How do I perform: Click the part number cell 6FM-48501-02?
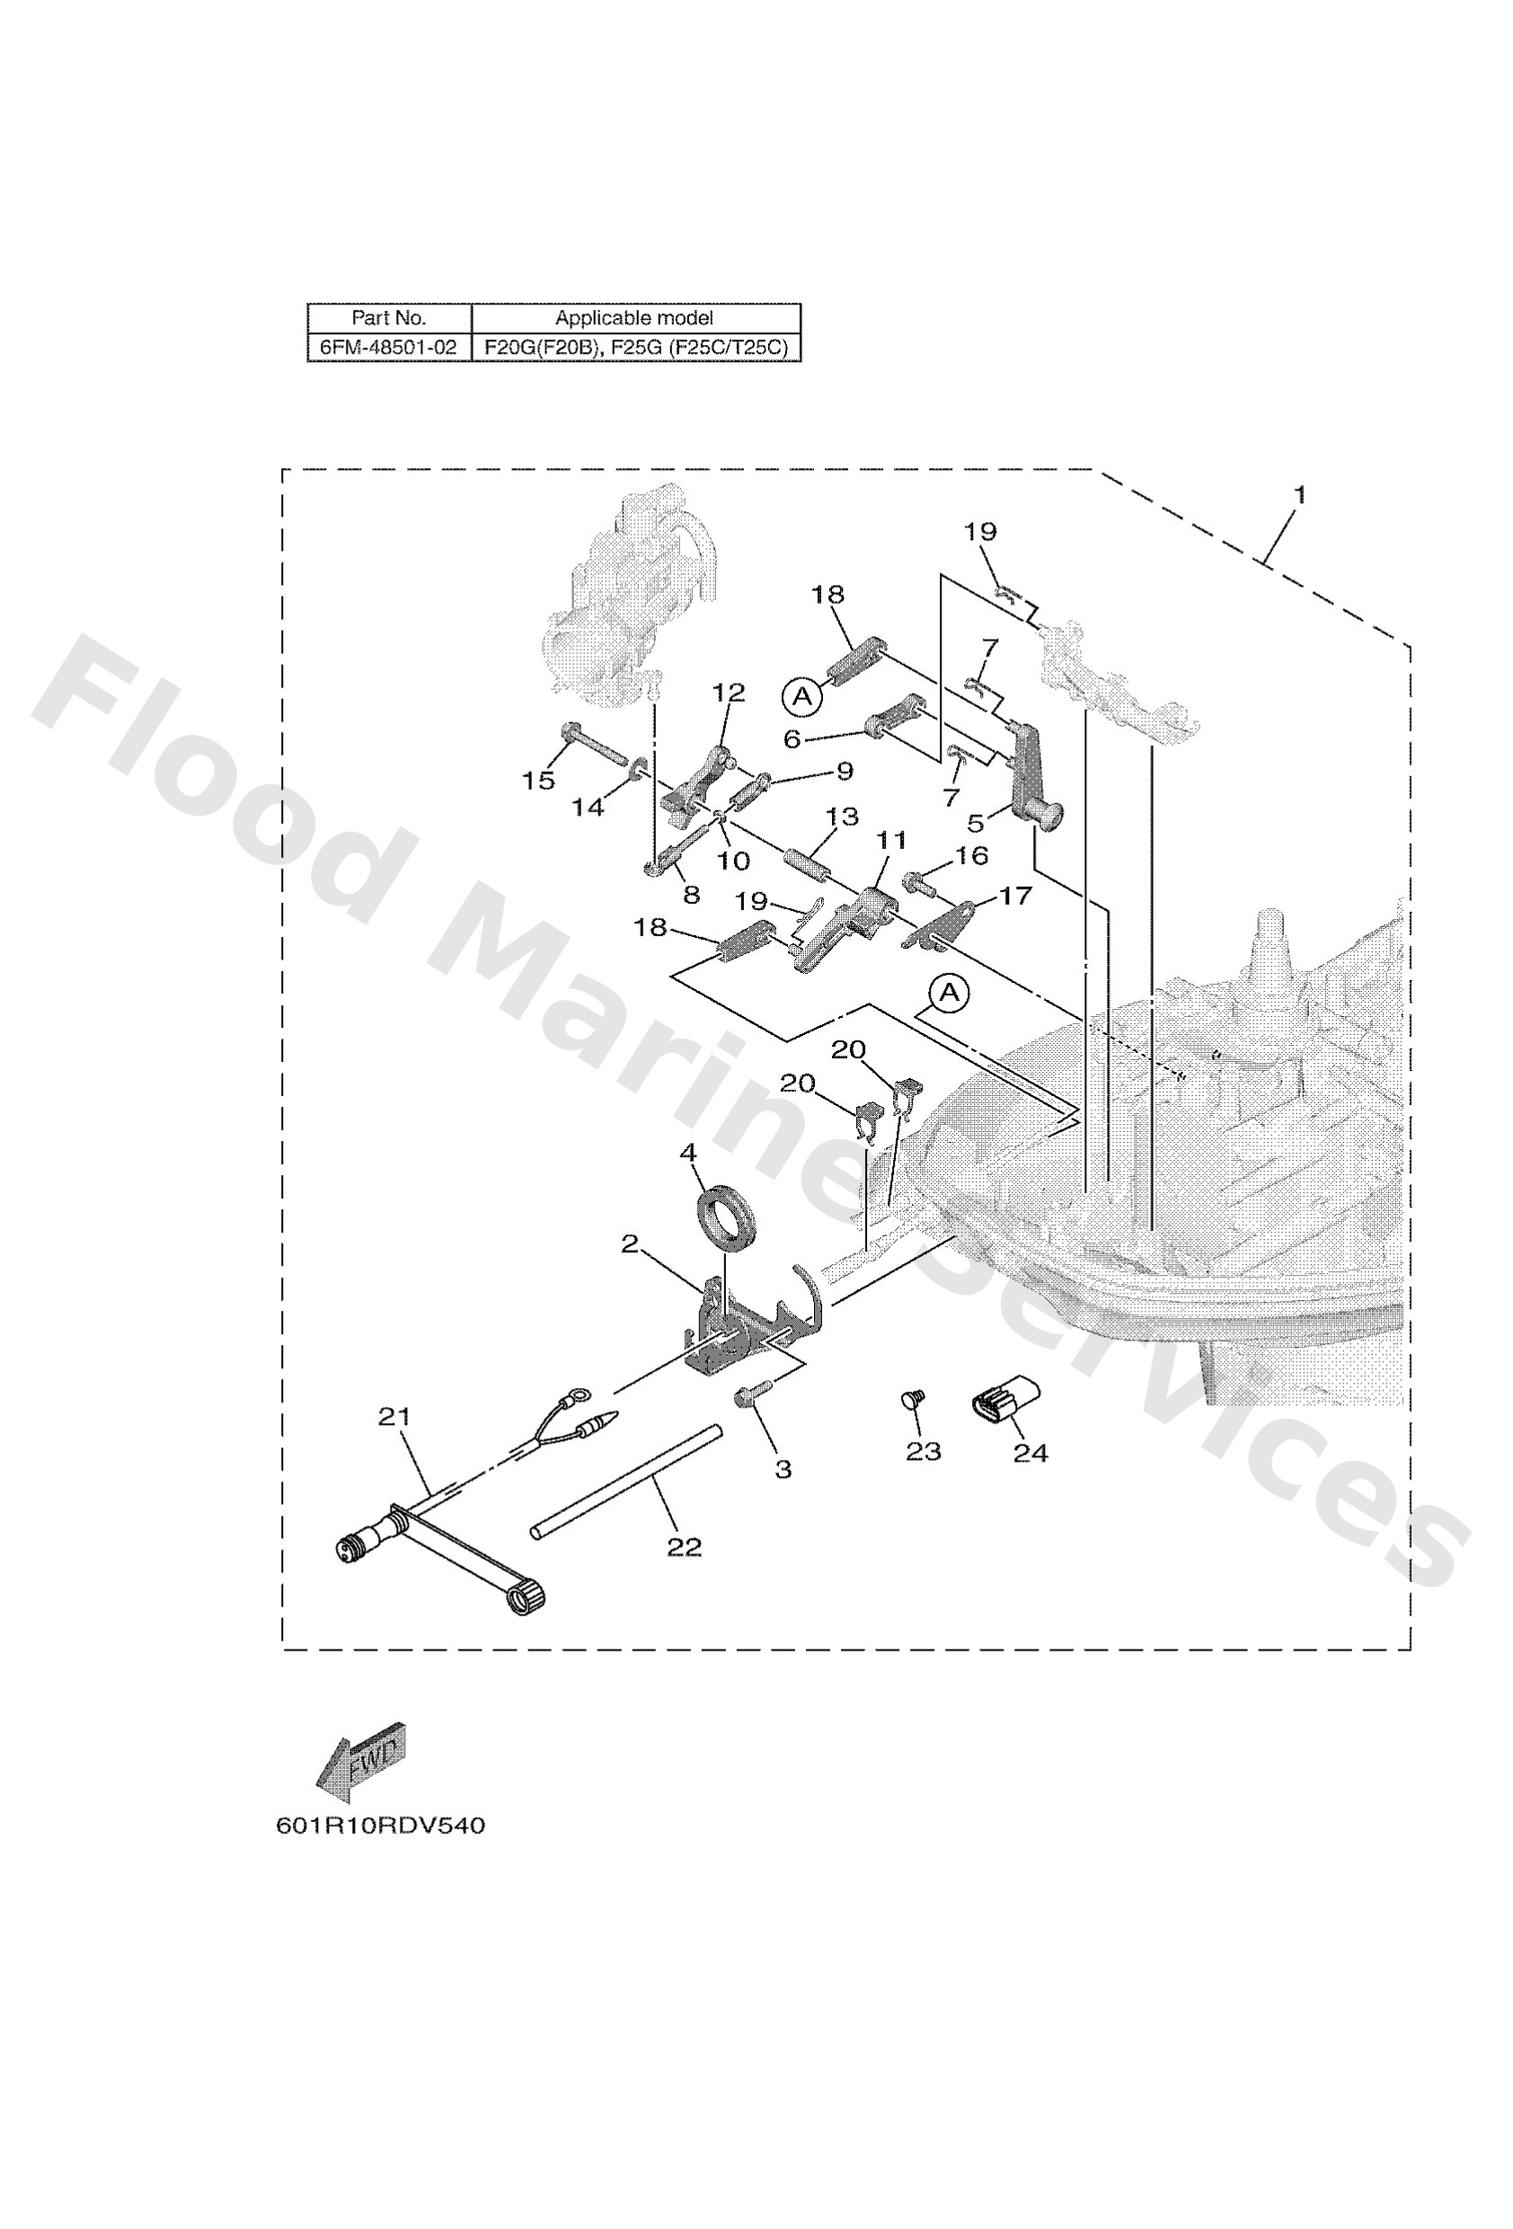(x=387, y=347)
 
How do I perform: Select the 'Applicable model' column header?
(x=634, y=317)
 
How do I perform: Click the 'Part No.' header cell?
(x=387, y=317)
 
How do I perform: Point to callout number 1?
(x=1300, y=496)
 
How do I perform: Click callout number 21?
(x=394, y=1416)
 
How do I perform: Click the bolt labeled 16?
(x=917, y=880)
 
